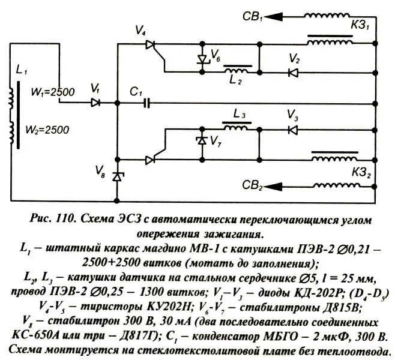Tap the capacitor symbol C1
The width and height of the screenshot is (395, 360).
147,103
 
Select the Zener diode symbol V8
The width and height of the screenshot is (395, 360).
118,176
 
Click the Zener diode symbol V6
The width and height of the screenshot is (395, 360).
201,59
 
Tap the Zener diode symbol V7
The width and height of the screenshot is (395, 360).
201,142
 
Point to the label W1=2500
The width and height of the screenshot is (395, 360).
52,92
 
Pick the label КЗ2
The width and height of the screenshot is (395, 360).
359,173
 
